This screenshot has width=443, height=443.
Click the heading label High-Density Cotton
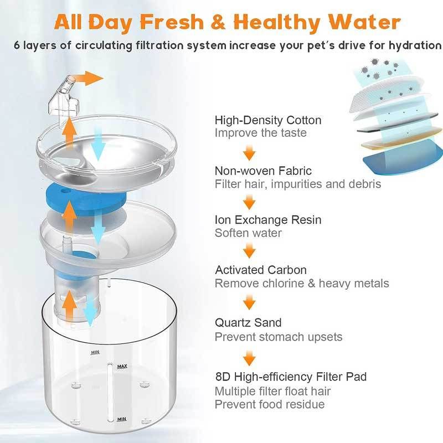click(268, 120)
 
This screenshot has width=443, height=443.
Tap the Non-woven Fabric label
click(263, 171)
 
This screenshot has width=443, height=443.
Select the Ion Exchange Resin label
click(268, 220)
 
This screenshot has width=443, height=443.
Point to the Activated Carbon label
click(261, 270)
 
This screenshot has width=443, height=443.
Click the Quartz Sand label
click(248, 323)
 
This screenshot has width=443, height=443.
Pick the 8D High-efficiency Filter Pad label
click(291, 377)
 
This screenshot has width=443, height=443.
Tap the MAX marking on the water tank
click(122, 367)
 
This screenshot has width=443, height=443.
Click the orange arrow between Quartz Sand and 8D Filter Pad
click(249, 358)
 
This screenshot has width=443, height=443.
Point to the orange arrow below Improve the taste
click(249, 153)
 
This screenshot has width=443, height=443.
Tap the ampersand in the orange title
click(218, 22)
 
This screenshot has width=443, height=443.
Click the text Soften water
click(248, 233)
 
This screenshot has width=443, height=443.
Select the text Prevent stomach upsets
click(279, 337)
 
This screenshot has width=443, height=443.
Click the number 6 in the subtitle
click(17, 45)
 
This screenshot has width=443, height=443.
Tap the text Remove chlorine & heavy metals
click(302, 284)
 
